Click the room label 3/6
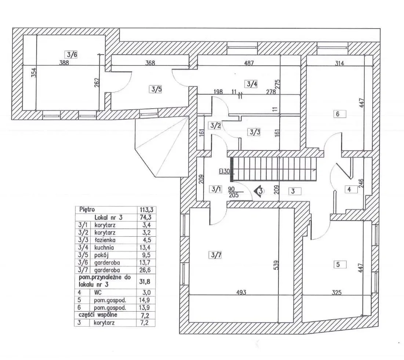pos(71,55)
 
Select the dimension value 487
pos(249,63)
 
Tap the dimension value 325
pos(336,292)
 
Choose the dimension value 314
pos(339,63)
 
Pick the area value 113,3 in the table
pos(146,210)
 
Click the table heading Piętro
pos(87,210)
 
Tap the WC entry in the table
pos(98,292)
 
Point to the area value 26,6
pos(146,270)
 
